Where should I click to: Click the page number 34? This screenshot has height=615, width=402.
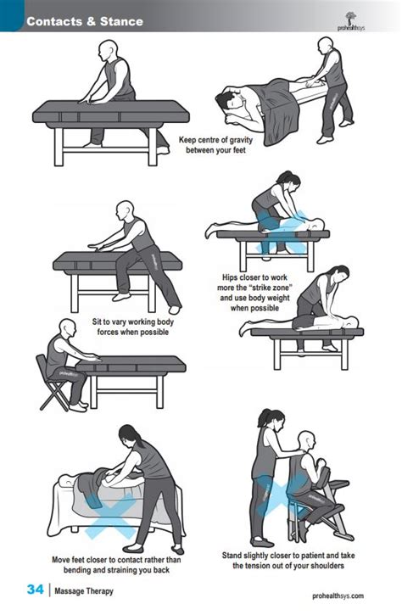[35, 590]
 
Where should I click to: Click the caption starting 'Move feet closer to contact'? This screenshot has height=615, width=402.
[116, 565]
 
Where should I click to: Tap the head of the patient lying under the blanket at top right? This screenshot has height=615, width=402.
[226, 101]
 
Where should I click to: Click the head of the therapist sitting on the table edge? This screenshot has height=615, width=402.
[125, 210]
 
